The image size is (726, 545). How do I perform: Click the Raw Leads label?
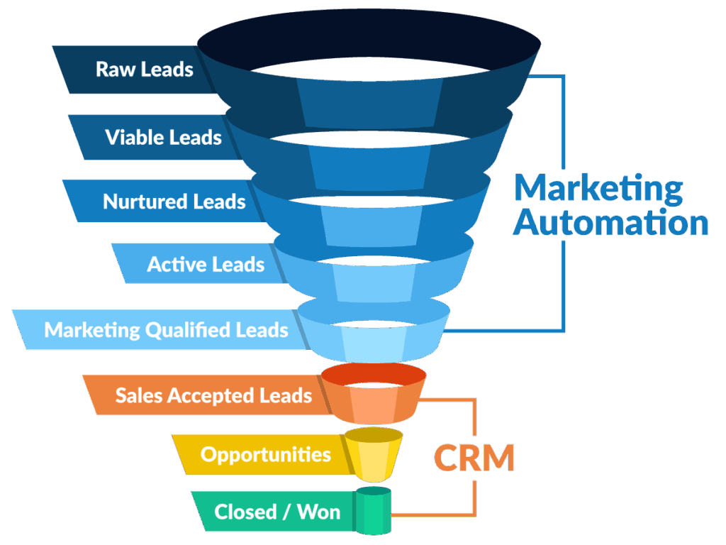point(144,70)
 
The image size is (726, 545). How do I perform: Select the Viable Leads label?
point(164,138)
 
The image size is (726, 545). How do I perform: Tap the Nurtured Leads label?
point(174,202)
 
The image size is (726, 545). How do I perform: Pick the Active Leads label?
point(206,264)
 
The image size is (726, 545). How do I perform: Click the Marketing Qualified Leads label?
point(166,331)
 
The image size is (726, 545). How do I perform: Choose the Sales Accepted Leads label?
point(213,396)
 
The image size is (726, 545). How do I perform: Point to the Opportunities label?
point(266,455)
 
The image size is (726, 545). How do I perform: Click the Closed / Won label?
point(277,512)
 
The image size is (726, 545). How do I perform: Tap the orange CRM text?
point(474,458)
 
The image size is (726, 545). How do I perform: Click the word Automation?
point(610,223)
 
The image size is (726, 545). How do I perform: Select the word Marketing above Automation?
point(598,189)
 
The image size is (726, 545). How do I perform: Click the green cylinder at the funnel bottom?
point(373,511)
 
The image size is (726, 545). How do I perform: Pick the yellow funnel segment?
point(374,455)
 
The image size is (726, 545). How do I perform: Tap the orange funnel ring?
point(373,394)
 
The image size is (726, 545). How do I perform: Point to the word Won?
point(319,512)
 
